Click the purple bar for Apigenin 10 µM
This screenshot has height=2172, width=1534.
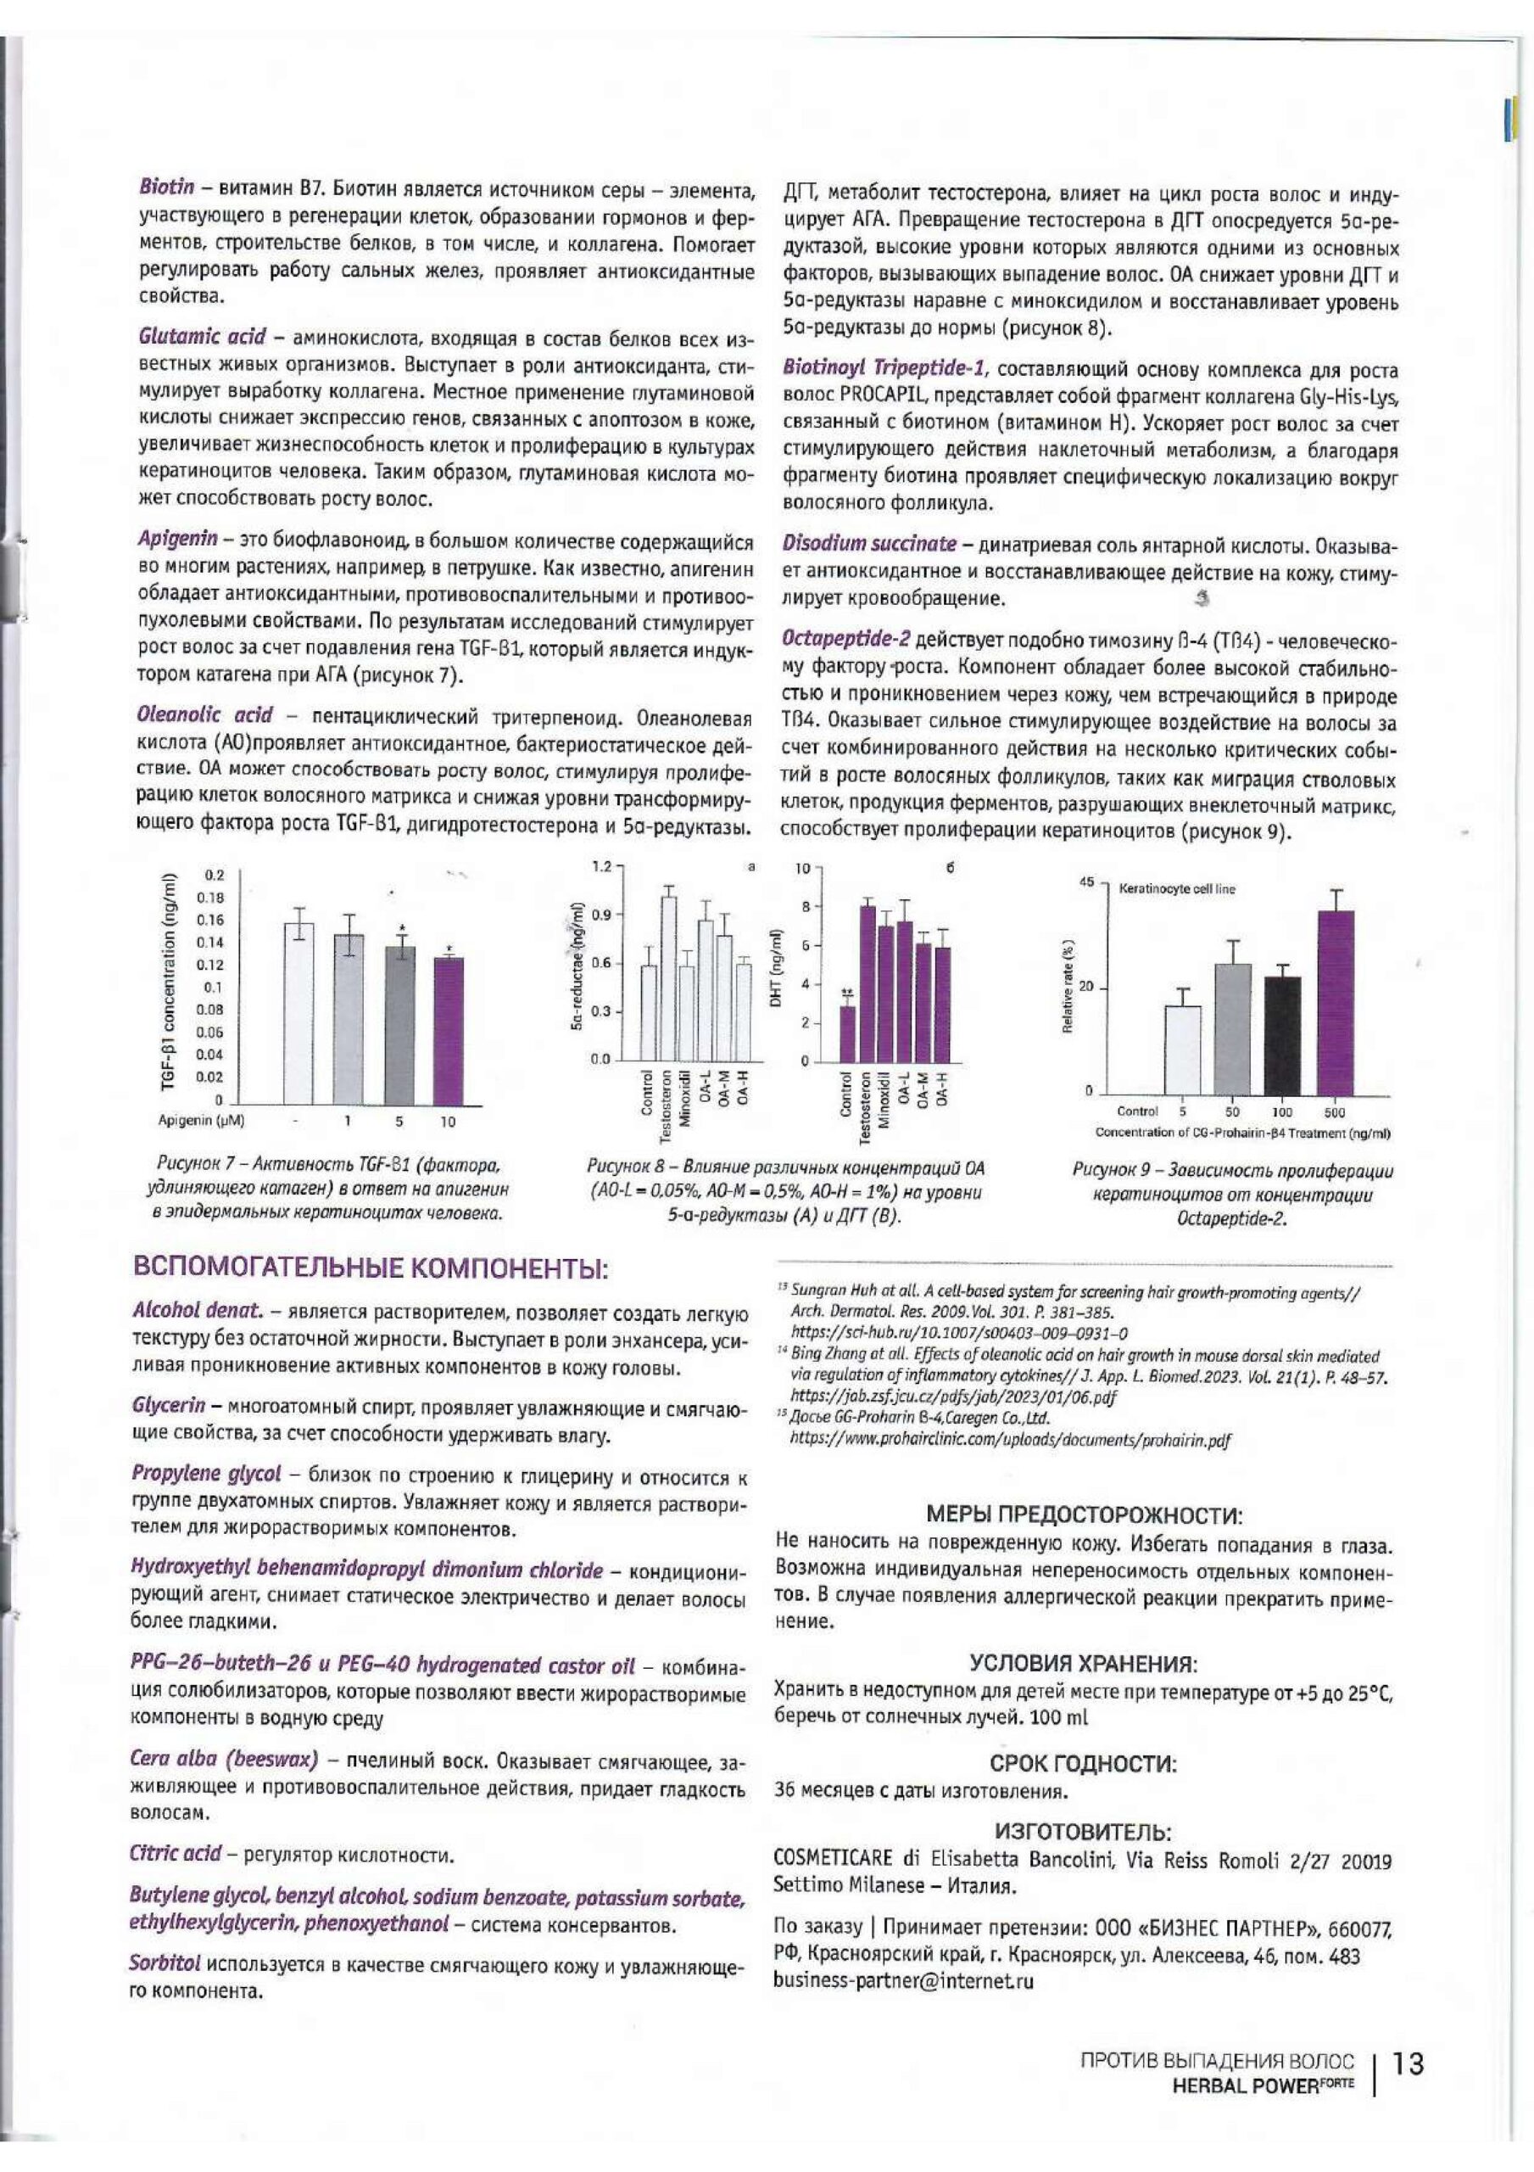449,1030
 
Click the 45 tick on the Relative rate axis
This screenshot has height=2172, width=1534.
1089,882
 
